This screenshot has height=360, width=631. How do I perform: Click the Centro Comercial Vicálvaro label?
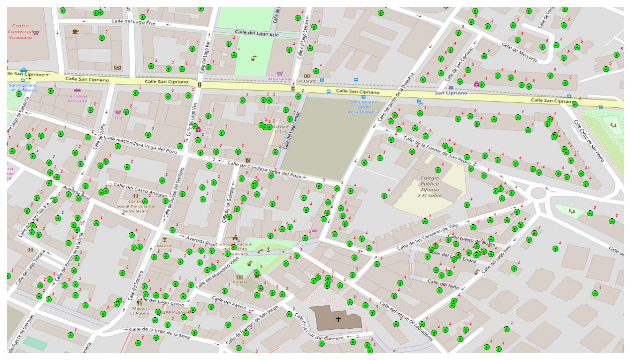[x=20, y=31]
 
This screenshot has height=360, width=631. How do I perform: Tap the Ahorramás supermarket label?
[x=279, y=79]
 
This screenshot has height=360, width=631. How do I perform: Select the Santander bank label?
[x=306, y=81]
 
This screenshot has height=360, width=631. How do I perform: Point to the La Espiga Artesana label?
[x=77, y=98]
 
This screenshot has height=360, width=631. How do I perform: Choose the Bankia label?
[x=240, y=282]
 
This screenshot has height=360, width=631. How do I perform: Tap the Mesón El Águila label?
[x=139, y=311]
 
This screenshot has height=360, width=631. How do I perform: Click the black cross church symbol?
[x=338, y=319]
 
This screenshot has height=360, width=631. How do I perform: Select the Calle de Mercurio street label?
[x=519, y=52]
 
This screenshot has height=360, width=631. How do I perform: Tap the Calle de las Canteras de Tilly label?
[x=427, y=237]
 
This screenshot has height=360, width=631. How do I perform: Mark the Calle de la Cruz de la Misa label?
[x=159, y=333]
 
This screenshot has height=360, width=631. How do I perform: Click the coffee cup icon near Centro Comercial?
[x=75, y=31]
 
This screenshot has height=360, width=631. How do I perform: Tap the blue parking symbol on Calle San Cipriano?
[x=419, y=102]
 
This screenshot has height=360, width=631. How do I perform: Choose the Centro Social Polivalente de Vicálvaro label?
[x=135, y=206]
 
